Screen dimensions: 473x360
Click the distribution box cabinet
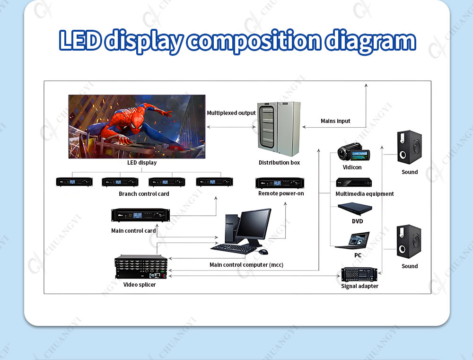[x=279, y=129]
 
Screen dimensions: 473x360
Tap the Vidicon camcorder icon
[x=353, y=152]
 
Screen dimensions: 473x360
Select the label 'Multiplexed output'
[x=231, y=113]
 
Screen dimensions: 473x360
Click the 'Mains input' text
[x=335, y=121]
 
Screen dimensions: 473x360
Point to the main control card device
[x=140, y=215]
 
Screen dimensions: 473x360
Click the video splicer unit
[x=141, y=267]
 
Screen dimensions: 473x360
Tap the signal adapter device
[x=359, y=274]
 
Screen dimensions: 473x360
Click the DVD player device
[x=355, y=209]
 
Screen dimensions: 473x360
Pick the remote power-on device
[x=280, y=183]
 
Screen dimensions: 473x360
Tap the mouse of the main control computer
[x=263, y=251]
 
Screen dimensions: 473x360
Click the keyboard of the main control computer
[x=234, y=248]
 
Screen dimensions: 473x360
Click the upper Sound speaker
[x=409, y=147]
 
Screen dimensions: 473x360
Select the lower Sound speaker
[x=409, y=241]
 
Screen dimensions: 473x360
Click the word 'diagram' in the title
[x=371, y=41]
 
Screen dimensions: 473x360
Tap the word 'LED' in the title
[x=80, y=40]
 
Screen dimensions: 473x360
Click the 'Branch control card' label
[x=144, y=194]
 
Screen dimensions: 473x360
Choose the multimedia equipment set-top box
[x=354, y=182]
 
